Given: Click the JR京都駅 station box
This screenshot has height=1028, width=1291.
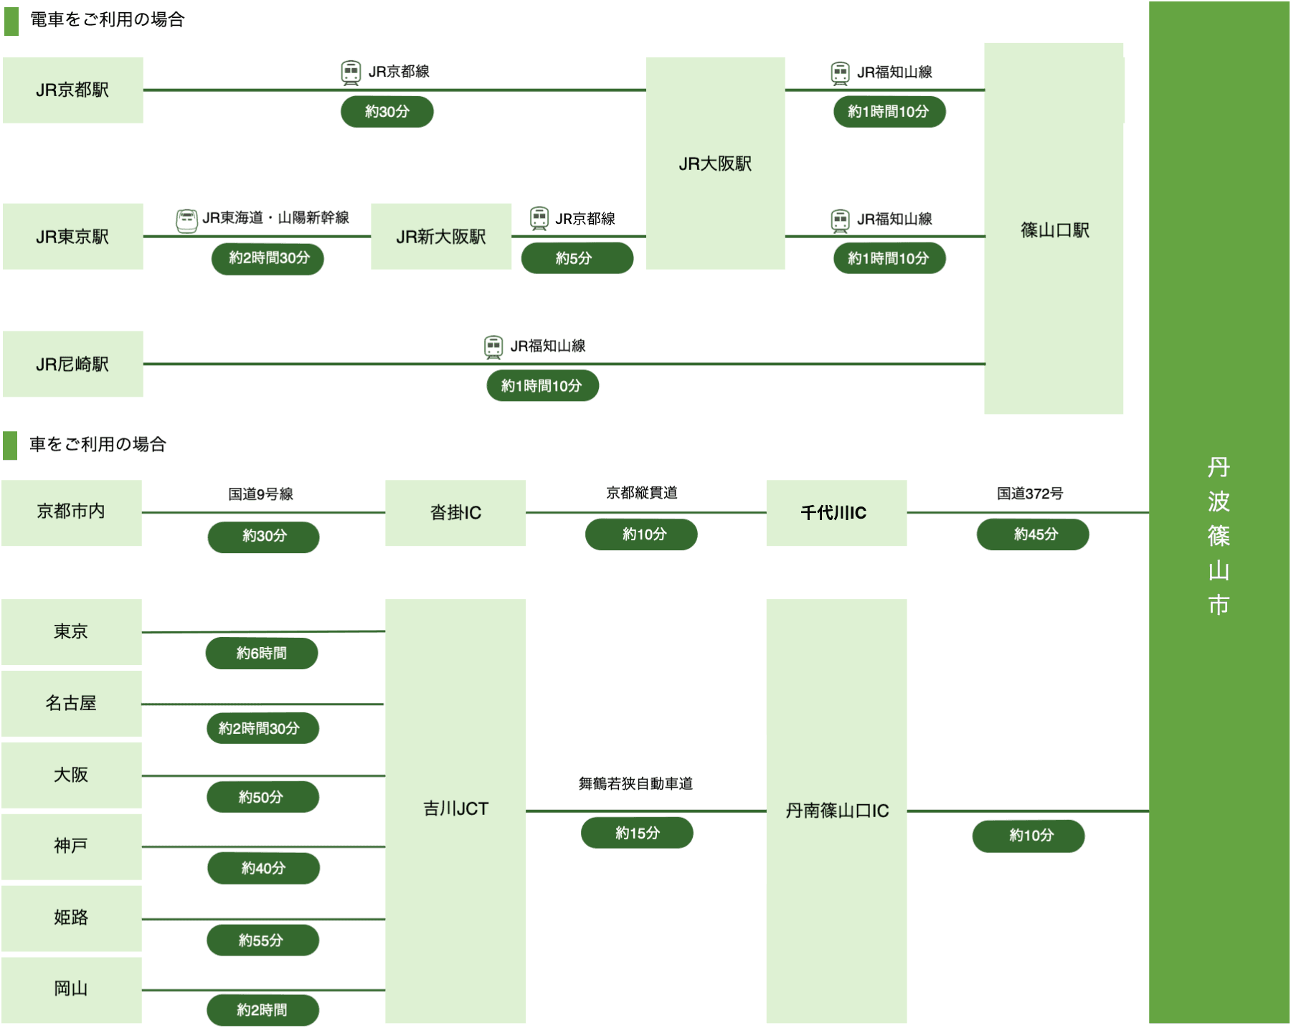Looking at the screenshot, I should [72, 90].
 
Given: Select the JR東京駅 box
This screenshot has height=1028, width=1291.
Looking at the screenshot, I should [72, 237].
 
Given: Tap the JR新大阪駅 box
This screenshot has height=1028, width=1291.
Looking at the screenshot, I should [441, 237].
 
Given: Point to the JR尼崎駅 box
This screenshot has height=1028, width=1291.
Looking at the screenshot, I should [72, 364].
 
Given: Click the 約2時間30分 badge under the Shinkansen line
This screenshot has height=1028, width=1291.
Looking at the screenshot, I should [268, 258].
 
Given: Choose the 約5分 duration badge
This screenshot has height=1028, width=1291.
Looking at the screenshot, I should [577, 258].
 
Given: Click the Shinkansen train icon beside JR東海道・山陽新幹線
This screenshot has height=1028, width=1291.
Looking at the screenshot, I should [186, 220].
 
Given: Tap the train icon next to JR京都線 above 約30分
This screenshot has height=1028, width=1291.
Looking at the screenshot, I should [351, 72].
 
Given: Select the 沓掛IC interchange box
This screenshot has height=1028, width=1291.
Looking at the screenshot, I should [455, 513].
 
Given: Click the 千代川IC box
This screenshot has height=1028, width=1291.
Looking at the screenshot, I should [836, 513].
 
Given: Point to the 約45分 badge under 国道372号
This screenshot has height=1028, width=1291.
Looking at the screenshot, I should [1033, 534].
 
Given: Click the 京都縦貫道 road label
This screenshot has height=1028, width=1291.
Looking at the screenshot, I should [642, 493].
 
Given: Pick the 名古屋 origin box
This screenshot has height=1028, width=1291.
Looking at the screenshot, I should [71, 704].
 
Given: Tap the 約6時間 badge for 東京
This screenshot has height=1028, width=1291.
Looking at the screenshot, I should [262, 654].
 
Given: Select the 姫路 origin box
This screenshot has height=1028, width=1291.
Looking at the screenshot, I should [71, 918].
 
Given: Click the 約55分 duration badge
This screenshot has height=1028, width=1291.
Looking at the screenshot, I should [263, 940].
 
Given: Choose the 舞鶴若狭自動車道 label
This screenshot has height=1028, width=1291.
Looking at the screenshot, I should [635, 784].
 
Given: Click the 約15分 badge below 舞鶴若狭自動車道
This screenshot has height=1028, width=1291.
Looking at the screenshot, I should [637, 833].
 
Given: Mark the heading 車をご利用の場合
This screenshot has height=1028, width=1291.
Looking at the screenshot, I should [98, 445].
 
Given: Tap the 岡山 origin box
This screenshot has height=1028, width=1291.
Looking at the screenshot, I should [71, 989].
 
